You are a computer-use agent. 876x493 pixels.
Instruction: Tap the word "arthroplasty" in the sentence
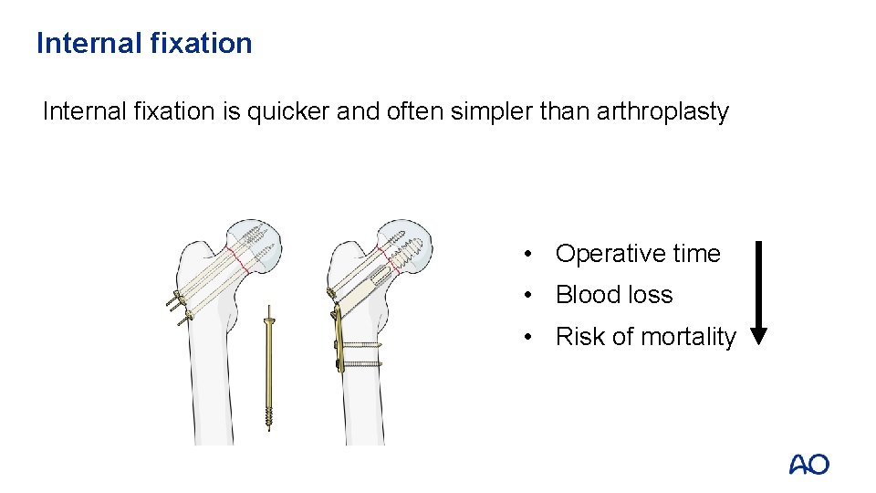(x=662, y=111)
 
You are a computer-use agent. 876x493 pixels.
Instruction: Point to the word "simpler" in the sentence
(x=489, y=111)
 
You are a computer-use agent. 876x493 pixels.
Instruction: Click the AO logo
(x=808, y=464)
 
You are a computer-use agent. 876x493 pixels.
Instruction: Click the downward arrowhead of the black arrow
(x=758, y=335)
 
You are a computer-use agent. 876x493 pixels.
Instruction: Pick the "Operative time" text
(x=638, y=254)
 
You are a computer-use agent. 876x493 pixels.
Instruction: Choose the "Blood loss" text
(x=614, y=295)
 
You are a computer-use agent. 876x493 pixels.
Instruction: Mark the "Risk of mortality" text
(x=645, y=337)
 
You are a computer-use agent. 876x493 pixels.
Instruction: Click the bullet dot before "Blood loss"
(x=528, y=295)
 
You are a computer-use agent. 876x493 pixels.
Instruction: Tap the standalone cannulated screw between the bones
(x=269, y=365)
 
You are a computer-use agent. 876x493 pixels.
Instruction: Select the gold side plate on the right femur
(x=339, y=338)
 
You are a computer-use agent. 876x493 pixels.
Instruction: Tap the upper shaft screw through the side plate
(x=360, y=346)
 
